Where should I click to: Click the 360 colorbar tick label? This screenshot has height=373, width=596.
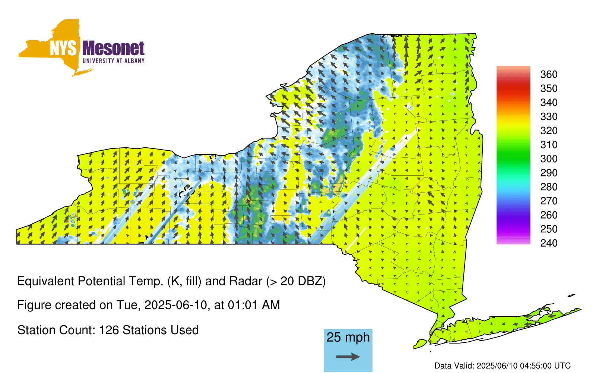coord(549,74)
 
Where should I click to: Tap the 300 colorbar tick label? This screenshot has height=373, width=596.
coord(549,159)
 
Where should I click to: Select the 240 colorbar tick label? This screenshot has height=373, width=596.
coord(549,243)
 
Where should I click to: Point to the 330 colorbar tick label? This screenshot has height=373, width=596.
coord(549,116)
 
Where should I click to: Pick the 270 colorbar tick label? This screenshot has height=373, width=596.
coord(549,201)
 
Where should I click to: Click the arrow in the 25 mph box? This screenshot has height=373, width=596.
coord(348,357)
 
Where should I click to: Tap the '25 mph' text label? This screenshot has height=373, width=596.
coord(348,337)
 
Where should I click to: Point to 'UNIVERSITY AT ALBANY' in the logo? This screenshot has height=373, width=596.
coord(114,61)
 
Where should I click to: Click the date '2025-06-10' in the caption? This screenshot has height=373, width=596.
coord(175,305)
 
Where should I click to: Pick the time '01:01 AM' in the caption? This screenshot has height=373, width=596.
coord(254,305)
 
